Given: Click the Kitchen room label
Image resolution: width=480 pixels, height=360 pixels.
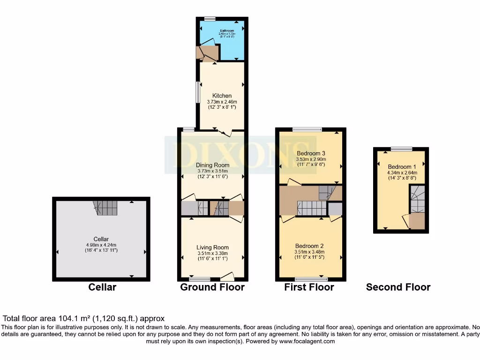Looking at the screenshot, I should (x=222, y=96).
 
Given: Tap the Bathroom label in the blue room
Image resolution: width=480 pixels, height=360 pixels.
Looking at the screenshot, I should (x=227, y=31).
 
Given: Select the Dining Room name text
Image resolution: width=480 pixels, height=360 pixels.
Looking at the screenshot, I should (x=212, y=165).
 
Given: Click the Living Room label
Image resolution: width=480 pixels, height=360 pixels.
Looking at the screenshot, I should (x=212, y=247).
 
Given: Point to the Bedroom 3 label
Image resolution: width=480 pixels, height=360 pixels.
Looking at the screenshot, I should (x=311, y=153).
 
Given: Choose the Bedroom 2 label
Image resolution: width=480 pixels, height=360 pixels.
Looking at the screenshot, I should (x=309, y=246).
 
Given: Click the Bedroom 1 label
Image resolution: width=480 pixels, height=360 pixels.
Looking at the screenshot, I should (x=402, y=167).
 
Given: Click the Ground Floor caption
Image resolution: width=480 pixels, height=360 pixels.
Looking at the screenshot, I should (x=212, y=287).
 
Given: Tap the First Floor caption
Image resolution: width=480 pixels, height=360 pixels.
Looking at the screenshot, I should (x=309, y=287).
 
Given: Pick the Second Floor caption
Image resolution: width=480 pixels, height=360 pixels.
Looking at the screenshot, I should (x=398, y=287).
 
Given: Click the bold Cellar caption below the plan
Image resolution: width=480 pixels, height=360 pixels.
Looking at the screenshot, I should (x=102, y=287).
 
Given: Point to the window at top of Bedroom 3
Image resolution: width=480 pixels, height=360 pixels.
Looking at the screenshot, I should (x=307, y=129).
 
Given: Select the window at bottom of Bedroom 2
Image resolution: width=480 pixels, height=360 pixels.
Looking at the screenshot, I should (x=311, y=279).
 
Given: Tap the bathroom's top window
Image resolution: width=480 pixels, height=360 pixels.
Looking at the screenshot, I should (x=210, y=19).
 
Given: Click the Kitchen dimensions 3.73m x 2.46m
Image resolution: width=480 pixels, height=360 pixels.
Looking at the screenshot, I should (x=222, y=102).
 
